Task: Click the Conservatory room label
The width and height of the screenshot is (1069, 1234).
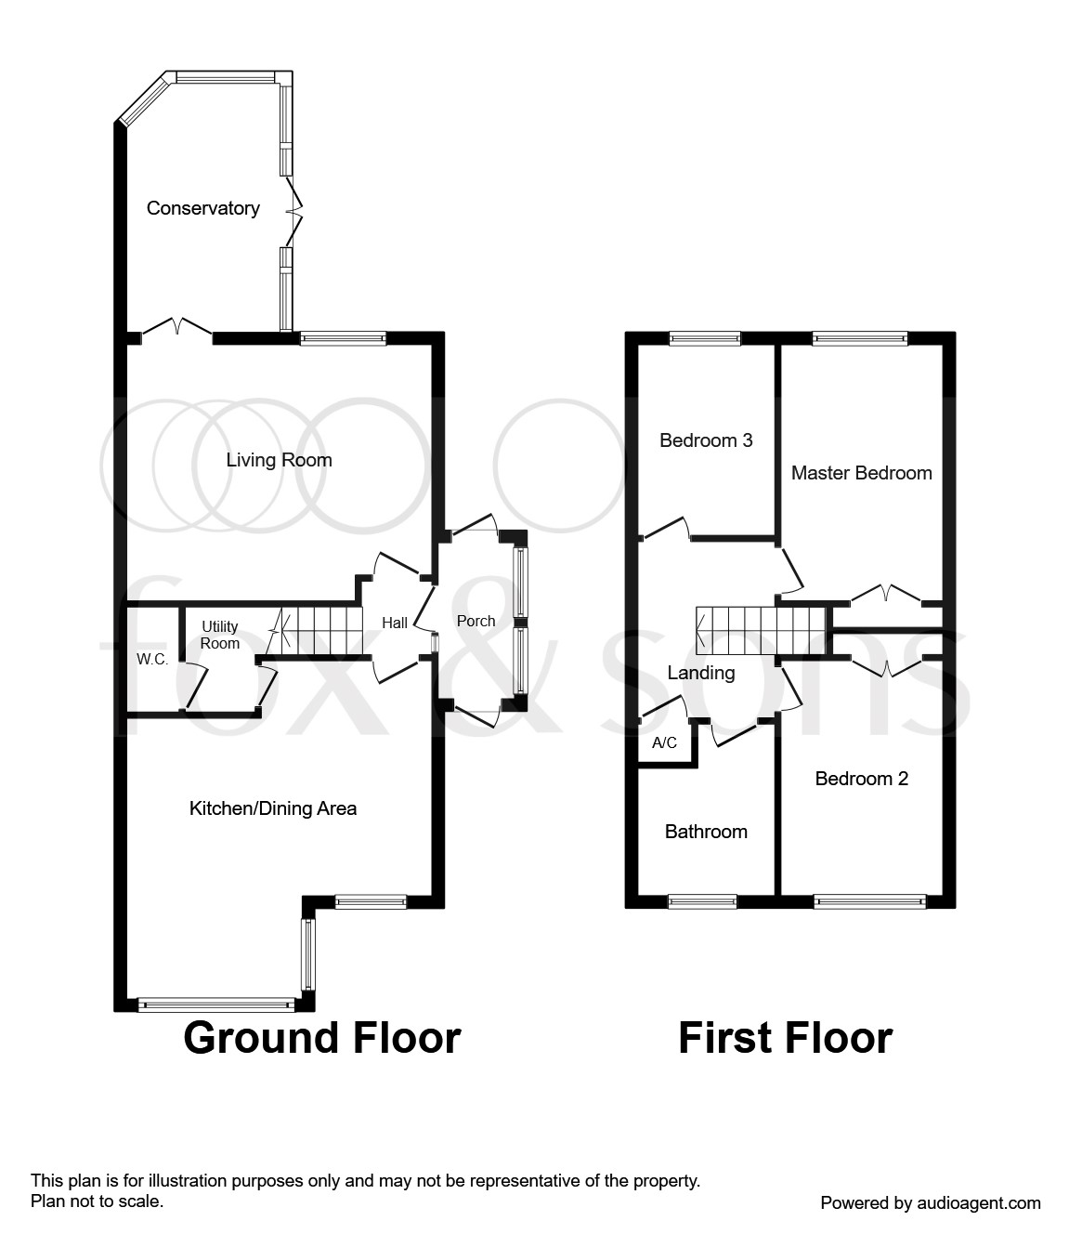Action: click(x=203, y=208)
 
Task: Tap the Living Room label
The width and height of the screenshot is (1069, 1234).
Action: click(x=279, y=460)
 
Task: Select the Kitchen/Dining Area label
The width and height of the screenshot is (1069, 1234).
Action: click(x=273, y=808)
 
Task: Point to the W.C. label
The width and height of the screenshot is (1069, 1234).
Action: click(x=152, y=659)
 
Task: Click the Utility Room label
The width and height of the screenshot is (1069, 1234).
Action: click(x=219, y=635)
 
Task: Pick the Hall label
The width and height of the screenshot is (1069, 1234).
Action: click(x=395, y=623)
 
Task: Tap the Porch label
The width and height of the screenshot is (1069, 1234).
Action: click(x=476, y=621)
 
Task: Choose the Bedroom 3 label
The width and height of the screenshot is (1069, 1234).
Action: click(x=706, y=440)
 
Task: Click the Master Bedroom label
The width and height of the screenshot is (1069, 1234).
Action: click(x=861, y=473)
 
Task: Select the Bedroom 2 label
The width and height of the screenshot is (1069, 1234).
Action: click(x=861, y=779)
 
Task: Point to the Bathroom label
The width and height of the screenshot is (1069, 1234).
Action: click(x=706, y=832)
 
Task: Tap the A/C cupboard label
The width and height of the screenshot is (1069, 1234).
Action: click(x=664, y=742)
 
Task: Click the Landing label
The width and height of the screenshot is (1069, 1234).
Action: click(x=700, y=673)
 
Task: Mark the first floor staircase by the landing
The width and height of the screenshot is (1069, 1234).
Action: click(x=761, y=630)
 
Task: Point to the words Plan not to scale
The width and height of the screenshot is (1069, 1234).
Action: click(x=97, y=1201)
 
